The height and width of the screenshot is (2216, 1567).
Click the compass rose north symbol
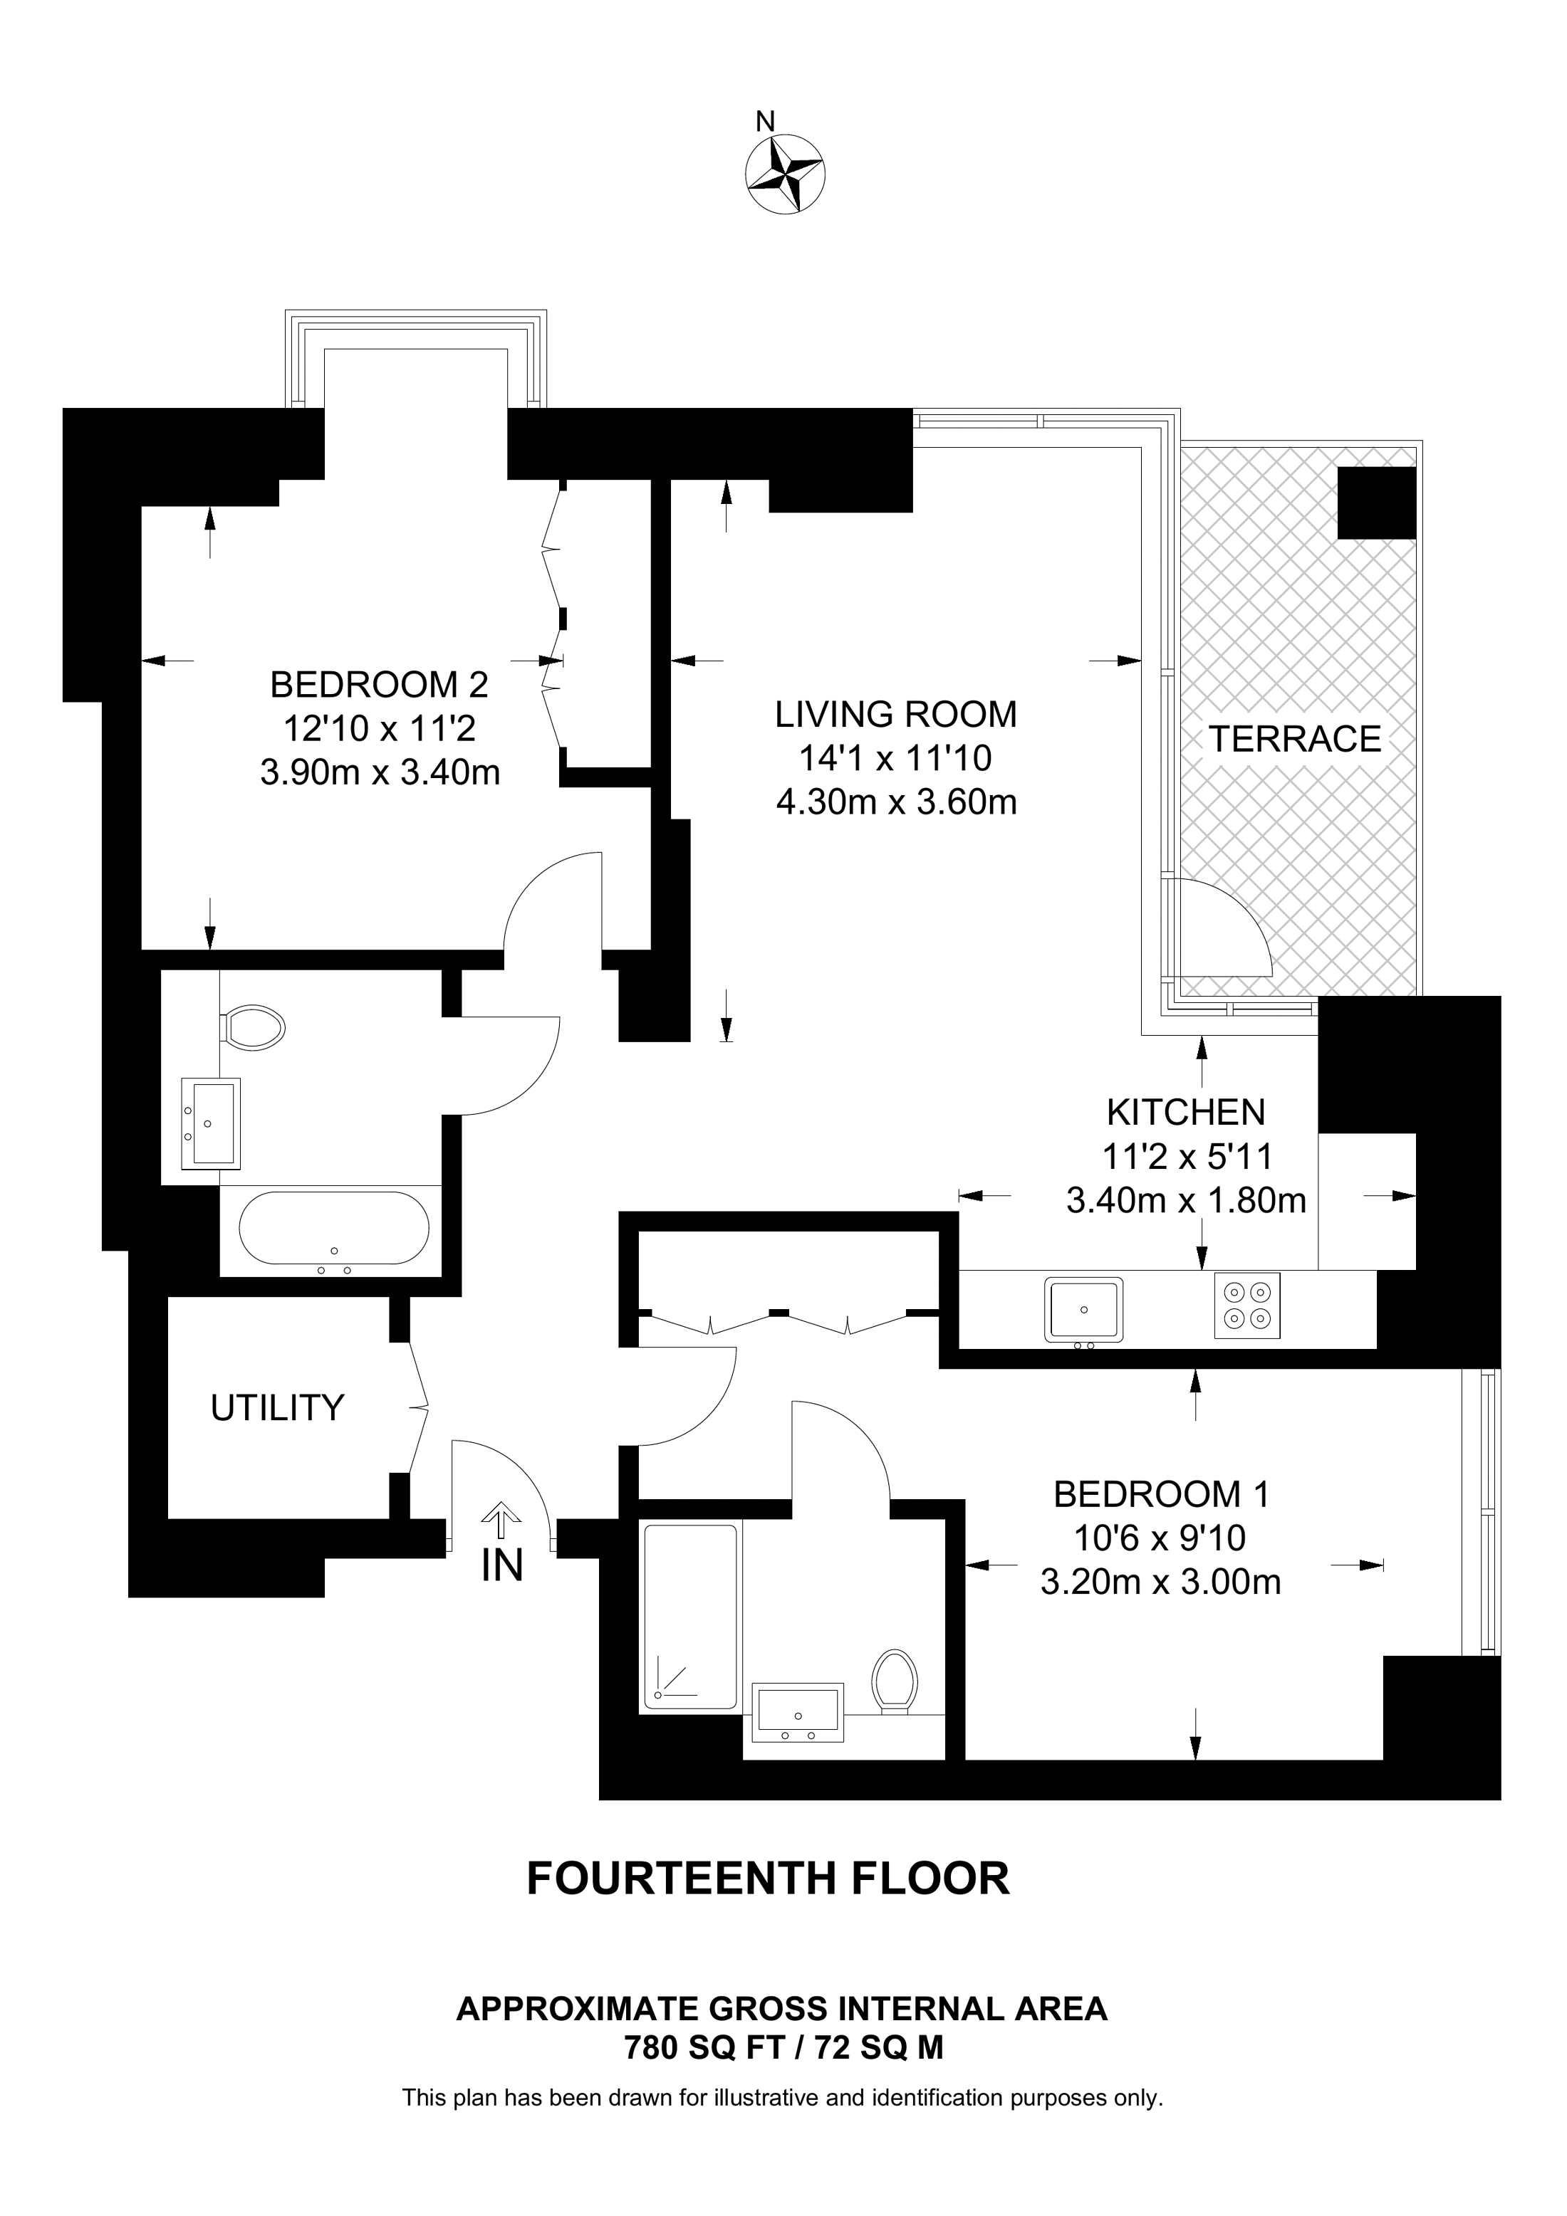click(784, 174)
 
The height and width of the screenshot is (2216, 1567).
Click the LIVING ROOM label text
click(895, 714)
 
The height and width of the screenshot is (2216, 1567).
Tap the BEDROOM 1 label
click(1160, 1494)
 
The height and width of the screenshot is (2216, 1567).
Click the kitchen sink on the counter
click(1083, 1310)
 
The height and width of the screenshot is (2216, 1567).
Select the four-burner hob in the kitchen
click(1246, 1305)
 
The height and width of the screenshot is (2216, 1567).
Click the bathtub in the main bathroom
click(334, 1229)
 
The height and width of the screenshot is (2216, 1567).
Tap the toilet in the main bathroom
click(253, 1027)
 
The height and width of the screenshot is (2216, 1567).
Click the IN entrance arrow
click(500, 1521)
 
